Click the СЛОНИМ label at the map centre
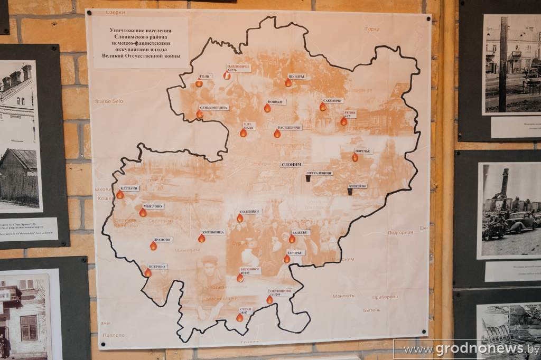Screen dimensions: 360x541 [x=292, y=164]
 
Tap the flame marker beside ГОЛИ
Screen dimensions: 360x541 [x=199, y=83]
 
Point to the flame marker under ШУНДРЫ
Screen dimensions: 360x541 [x=288, y=82]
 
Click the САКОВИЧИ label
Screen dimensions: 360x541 [x=333, y=100]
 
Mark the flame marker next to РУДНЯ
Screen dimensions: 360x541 [x=343, y=121]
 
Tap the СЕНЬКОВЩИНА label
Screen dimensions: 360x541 [x=214, y=108]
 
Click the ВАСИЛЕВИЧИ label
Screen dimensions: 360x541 [x=290, y=128]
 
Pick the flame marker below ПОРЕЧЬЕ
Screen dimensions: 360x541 [x=355, y=157]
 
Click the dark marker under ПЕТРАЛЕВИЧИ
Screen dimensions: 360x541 [x=308, y=178]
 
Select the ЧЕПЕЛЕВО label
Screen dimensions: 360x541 [x=358, y=186]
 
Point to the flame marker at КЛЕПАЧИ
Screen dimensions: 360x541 [x=120, y=194]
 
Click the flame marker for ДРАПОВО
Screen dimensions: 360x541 [x=153, y=245]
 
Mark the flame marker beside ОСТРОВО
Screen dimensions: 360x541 [x=148, y=272]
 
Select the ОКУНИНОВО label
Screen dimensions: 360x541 [x=280, y=291]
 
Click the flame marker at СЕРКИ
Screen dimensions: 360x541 [x=240, y=317]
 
